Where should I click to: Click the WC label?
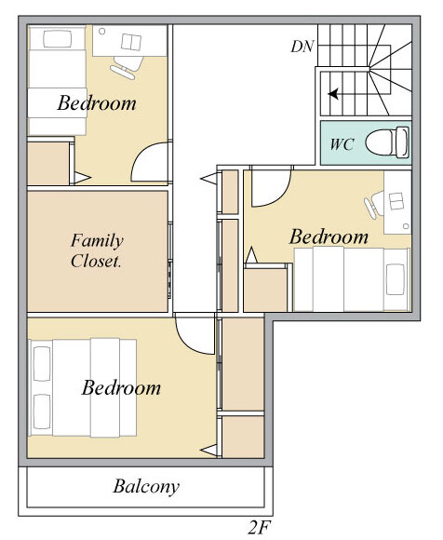(x=342, y=144)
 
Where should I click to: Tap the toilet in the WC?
(x=387, y=142)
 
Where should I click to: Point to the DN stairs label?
(x=302, y=47)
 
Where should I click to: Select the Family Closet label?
(x=97, y=250)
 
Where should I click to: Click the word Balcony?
(x=146, y=487)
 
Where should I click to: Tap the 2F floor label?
(x=259, y=527)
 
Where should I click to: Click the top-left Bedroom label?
(x=97, y=102)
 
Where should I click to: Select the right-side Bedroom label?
(x=329, y=236)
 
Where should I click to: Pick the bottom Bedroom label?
(x=121, y=387)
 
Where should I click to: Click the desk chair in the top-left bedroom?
(x=127, y=67)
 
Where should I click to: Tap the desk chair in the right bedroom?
(x=374, y=205)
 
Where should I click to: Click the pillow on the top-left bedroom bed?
(x=58, y=39)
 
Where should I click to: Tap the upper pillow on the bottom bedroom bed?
(x=42, y=364)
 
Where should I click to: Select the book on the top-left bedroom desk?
(x=131, y=42)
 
